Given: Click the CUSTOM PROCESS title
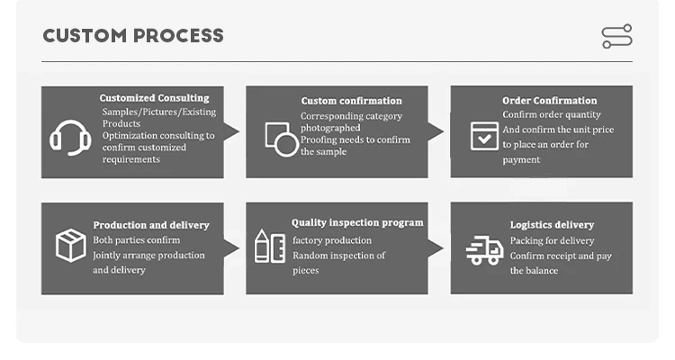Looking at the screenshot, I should tap(133, 36).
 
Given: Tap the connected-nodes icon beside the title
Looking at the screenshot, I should tap(616, 36).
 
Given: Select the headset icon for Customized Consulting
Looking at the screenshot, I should tap(69, 137).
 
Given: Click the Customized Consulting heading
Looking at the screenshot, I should tap(154, 98).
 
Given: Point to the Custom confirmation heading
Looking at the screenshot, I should tap(351, 101).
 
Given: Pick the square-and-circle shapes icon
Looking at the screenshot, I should tap(280, 138).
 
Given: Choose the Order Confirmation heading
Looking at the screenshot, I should tap(549, 101).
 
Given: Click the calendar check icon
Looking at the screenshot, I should tap(484, 135).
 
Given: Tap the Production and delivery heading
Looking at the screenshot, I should tap(151, 225).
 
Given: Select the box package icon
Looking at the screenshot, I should tap(70, 246).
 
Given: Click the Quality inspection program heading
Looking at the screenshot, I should tap(357, 222).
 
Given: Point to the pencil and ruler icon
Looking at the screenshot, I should tap(270, 247).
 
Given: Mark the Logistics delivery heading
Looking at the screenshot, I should tap(552, 225).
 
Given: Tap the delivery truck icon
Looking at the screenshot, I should tap(484, 250).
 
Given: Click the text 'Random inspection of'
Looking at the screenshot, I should tap(338, 256).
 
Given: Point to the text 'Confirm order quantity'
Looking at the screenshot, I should tap(552, 114).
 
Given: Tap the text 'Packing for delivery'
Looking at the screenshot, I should tap(552, 240).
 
